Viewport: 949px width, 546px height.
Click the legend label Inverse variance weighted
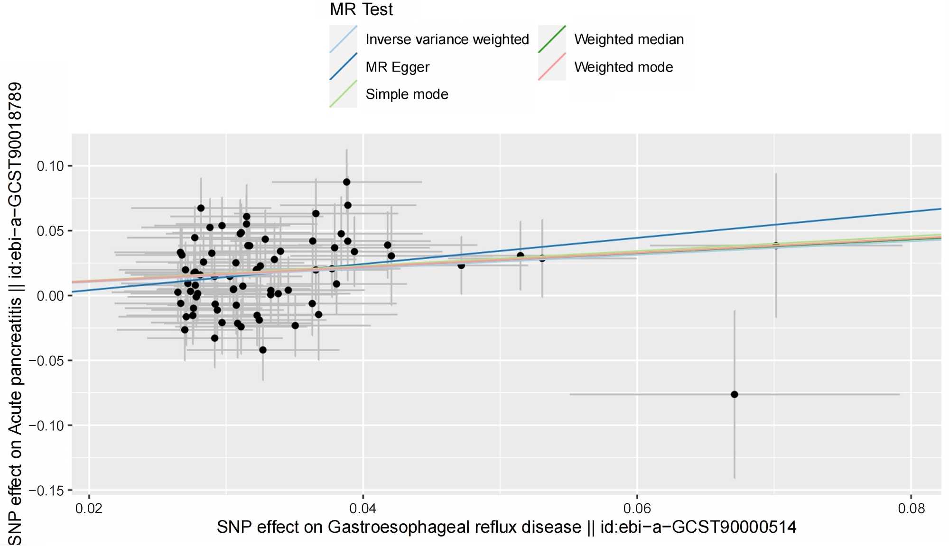[447, 39]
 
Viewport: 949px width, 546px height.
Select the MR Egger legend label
[397, 67]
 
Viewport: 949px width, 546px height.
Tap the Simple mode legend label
[407, 94]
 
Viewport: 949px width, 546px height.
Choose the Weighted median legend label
[629, 39]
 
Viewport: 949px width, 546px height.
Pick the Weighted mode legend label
[623, 67]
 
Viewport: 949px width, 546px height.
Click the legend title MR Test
[361, 9]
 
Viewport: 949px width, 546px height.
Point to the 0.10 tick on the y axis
[50, 166]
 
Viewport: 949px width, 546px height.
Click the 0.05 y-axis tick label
[50, 231]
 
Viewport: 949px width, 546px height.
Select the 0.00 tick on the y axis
[50, 296]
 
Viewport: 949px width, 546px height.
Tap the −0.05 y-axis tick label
[46, 361]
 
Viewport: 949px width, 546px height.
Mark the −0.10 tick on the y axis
[46, 426]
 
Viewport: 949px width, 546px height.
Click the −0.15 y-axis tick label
[46, 491]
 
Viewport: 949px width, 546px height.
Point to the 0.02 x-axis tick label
[89, 509]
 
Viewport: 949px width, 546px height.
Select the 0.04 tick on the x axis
[363, 509]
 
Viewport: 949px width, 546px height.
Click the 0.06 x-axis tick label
[637, 509]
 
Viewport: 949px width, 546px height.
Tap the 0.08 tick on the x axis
[911, 509]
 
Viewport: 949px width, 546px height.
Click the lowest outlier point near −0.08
[735, 394]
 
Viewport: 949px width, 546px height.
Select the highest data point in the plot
[347, 182]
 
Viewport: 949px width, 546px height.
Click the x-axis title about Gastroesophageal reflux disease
[506, 528]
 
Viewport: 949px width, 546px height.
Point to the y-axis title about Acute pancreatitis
[15, 313]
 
